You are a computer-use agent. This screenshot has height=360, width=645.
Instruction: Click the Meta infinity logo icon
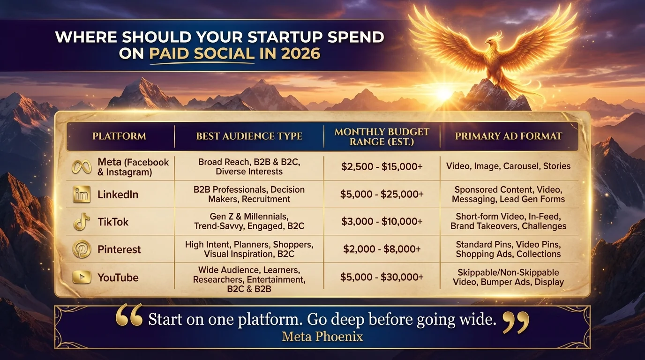point(82,167)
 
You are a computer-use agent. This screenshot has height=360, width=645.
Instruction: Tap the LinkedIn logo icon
point(82,194)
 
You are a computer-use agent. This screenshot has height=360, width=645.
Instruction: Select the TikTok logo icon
point(82,222)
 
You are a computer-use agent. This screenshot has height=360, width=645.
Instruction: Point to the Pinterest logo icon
point(82,249)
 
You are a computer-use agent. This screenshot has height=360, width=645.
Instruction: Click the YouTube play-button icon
point(82,277)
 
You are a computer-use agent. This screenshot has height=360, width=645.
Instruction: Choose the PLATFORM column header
point(119,136)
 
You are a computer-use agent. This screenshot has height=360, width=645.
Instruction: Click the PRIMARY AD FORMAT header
point(508,136)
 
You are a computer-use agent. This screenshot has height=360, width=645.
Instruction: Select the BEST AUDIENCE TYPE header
point(249,136)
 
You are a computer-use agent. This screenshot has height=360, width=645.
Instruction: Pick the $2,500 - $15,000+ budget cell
point(382,166)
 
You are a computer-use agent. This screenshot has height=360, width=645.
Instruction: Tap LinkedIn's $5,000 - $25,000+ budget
point(382,194)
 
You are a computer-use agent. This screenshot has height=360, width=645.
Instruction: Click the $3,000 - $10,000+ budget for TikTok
point(382,222)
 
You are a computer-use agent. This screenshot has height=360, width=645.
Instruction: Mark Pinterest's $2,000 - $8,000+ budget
point(382,249)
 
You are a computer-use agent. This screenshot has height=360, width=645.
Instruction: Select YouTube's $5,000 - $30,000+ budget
point(382,277)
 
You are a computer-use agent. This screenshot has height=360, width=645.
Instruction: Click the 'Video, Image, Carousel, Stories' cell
point(508,166)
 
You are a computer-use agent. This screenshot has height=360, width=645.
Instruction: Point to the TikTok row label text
point(113,222)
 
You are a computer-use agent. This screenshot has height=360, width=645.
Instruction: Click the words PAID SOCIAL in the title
point(202,53)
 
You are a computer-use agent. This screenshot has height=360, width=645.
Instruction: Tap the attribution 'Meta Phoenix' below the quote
point(322,336)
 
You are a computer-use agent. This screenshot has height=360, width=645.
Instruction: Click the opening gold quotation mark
point(129,315)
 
